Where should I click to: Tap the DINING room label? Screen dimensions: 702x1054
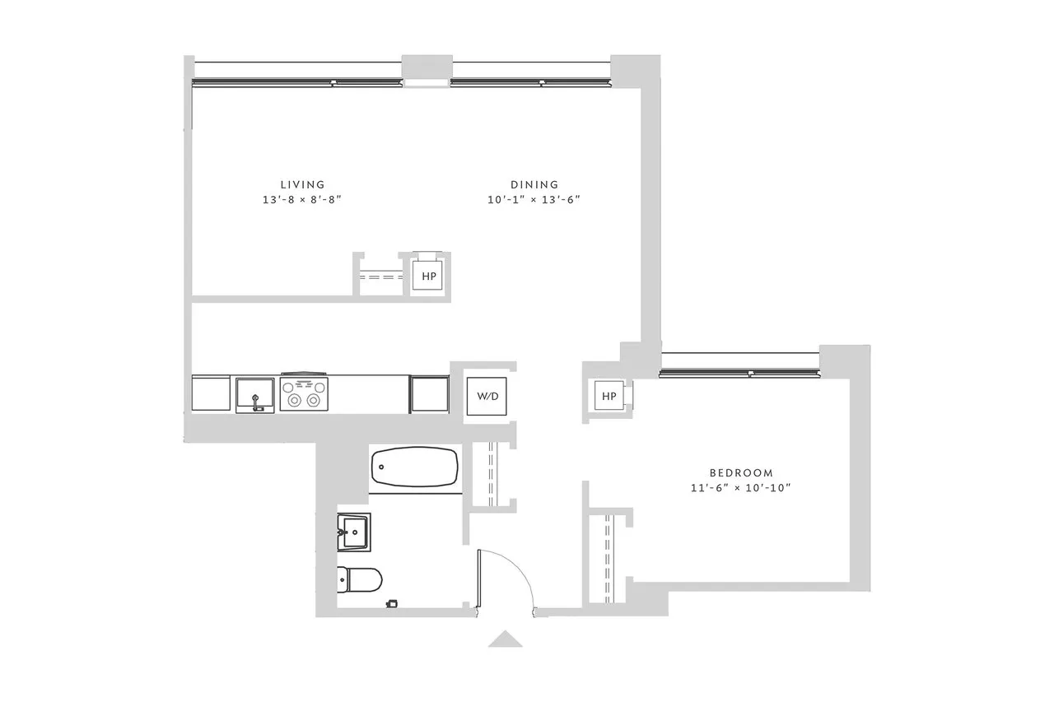[x=534, y=184]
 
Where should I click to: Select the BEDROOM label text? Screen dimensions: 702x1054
[x=741, y=473]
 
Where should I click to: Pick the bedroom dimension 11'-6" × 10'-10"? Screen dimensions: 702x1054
[x=741, y=488]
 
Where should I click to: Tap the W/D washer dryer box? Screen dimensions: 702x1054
[x=487, y=396]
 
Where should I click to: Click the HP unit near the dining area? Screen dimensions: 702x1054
[x=429, y=277]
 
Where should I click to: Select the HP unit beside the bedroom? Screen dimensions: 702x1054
[x=609, y=397]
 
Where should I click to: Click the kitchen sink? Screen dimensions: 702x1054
[x=255, y=395]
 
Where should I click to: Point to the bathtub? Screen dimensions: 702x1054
[x=415, y=467]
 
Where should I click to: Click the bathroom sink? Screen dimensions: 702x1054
[x=354, y=531]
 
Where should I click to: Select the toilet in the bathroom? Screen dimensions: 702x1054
[x=361, y=579]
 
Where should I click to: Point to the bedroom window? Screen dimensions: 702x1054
[x=741, y=373]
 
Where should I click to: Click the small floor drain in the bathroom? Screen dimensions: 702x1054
[x=392, y=604]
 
